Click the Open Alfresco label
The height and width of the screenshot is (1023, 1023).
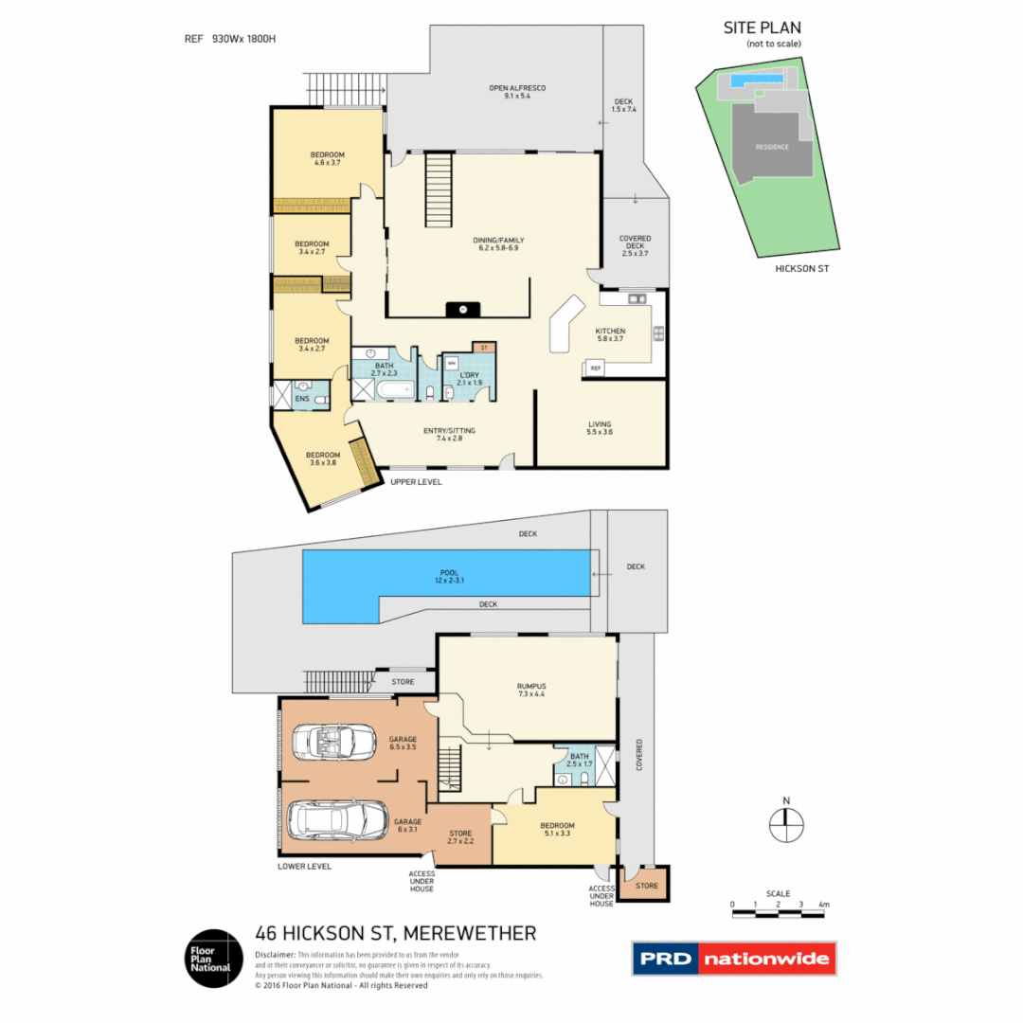[517, 88]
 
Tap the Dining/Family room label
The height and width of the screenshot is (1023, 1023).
[498, 241]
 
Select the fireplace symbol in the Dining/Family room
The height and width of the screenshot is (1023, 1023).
[462, 308]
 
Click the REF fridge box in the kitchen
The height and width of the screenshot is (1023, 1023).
[596, 368]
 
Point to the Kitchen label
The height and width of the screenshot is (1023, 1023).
[611, 331]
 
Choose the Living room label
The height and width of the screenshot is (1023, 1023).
[599, 424]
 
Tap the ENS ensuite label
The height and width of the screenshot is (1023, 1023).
[301, 400]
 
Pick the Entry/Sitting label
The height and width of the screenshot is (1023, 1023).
[449, 431]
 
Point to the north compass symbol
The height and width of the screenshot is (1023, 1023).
[785, 823]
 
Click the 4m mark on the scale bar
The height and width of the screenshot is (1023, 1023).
[824, 906]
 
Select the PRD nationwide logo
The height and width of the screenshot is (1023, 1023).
[734, 959]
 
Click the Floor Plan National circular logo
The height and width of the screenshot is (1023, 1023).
[210, 957]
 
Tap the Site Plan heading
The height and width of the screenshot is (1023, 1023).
[763, 27]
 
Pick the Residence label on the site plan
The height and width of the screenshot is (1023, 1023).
[771, 147]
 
